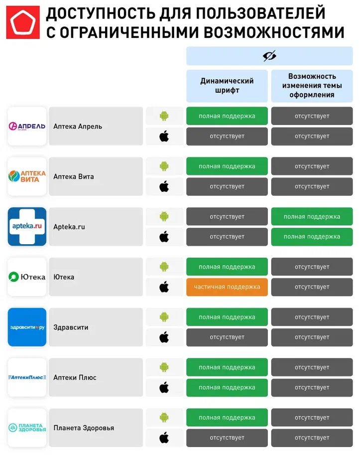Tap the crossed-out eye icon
click(x=269, y=56)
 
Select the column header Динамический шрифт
click(x=227, y=86)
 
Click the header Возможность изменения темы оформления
click(x=312, y=86)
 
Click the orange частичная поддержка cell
click(x=227, y=287)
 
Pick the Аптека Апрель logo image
click(x=27, y=126)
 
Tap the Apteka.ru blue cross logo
click(x=27, y=227)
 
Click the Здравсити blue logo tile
click(x=27, y=327)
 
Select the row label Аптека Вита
click(x=74, y=176)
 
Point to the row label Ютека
click(x=64, y=277)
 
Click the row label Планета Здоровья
click(x=84, y=428)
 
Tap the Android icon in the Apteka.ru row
click(x=164, y=217)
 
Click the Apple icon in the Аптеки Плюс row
click(x=164, y=387)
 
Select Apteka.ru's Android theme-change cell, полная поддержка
click(x=312, y=217)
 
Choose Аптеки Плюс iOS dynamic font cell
click(x=227, y=387)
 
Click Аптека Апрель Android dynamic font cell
click(x=227, y=116)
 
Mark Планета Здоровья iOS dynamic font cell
click(x=227, y=438)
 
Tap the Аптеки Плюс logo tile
click(x=27, y=377)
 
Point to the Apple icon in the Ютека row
click(x=164, y=287)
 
